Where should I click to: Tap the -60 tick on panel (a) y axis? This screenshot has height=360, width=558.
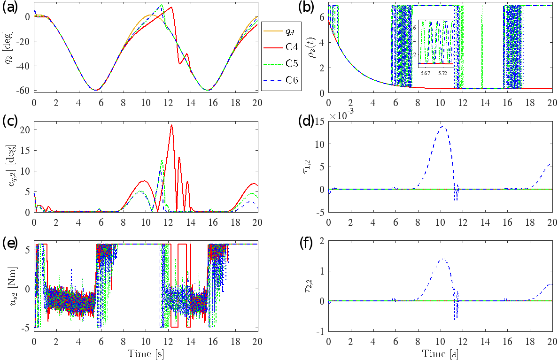coord(23,90)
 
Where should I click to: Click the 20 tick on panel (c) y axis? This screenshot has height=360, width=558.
coord(25,130)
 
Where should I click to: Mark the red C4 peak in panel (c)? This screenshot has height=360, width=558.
coord(171,125)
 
